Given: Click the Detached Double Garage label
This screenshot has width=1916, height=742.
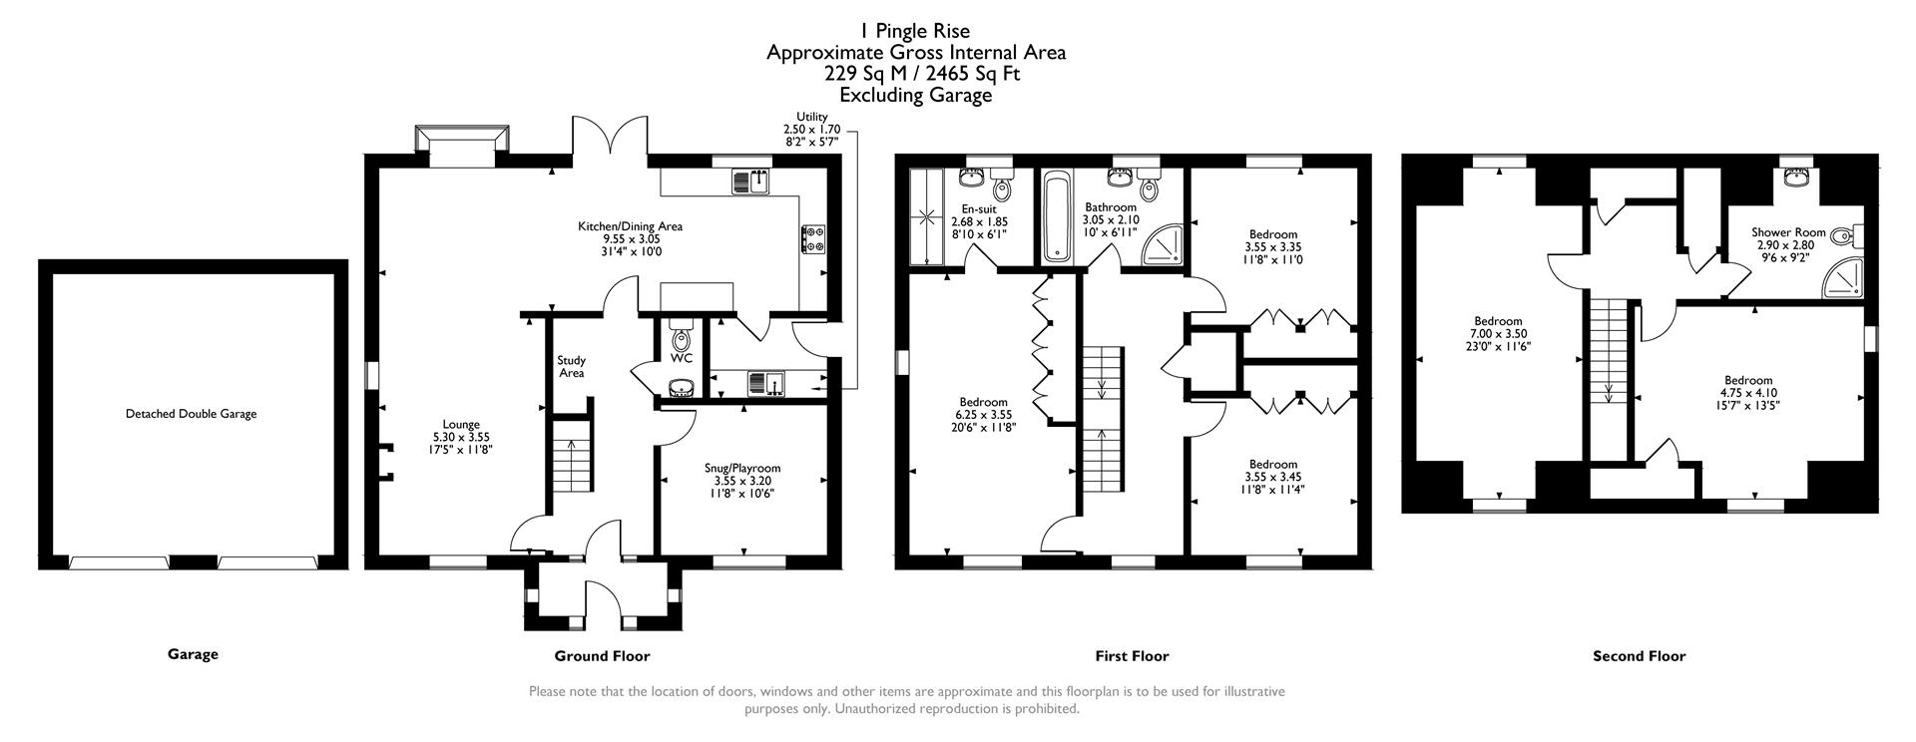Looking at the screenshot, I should click(191, 414).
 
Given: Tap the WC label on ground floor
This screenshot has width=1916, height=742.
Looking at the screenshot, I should click(682, 358).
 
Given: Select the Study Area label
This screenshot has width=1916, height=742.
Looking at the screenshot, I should click(571, 367).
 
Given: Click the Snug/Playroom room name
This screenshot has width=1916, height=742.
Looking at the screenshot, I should click(741, 468).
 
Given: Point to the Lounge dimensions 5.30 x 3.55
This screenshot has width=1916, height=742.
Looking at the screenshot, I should click(461, 437).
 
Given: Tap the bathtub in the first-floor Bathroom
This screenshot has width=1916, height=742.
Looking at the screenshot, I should click(1057, 216).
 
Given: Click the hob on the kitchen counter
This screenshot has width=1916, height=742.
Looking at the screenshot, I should click(812, 238).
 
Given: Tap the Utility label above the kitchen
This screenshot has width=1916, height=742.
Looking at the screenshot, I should click(812, 118).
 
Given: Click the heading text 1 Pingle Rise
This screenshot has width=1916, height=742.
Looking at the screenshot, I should click(915, 31).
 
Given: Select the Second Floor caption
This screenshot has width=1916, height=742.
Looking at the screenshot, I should click(1639, 655).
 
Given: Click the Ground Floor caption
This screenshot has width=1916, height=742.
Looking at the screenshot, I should click(602, 655).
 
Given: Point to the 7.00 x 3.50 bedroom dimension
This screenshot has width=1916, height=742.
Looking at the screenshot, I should click(1498, 334).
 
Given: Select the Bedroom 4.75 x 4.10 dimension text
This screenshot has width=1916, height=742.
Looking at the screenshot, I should click(1748, 393).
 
